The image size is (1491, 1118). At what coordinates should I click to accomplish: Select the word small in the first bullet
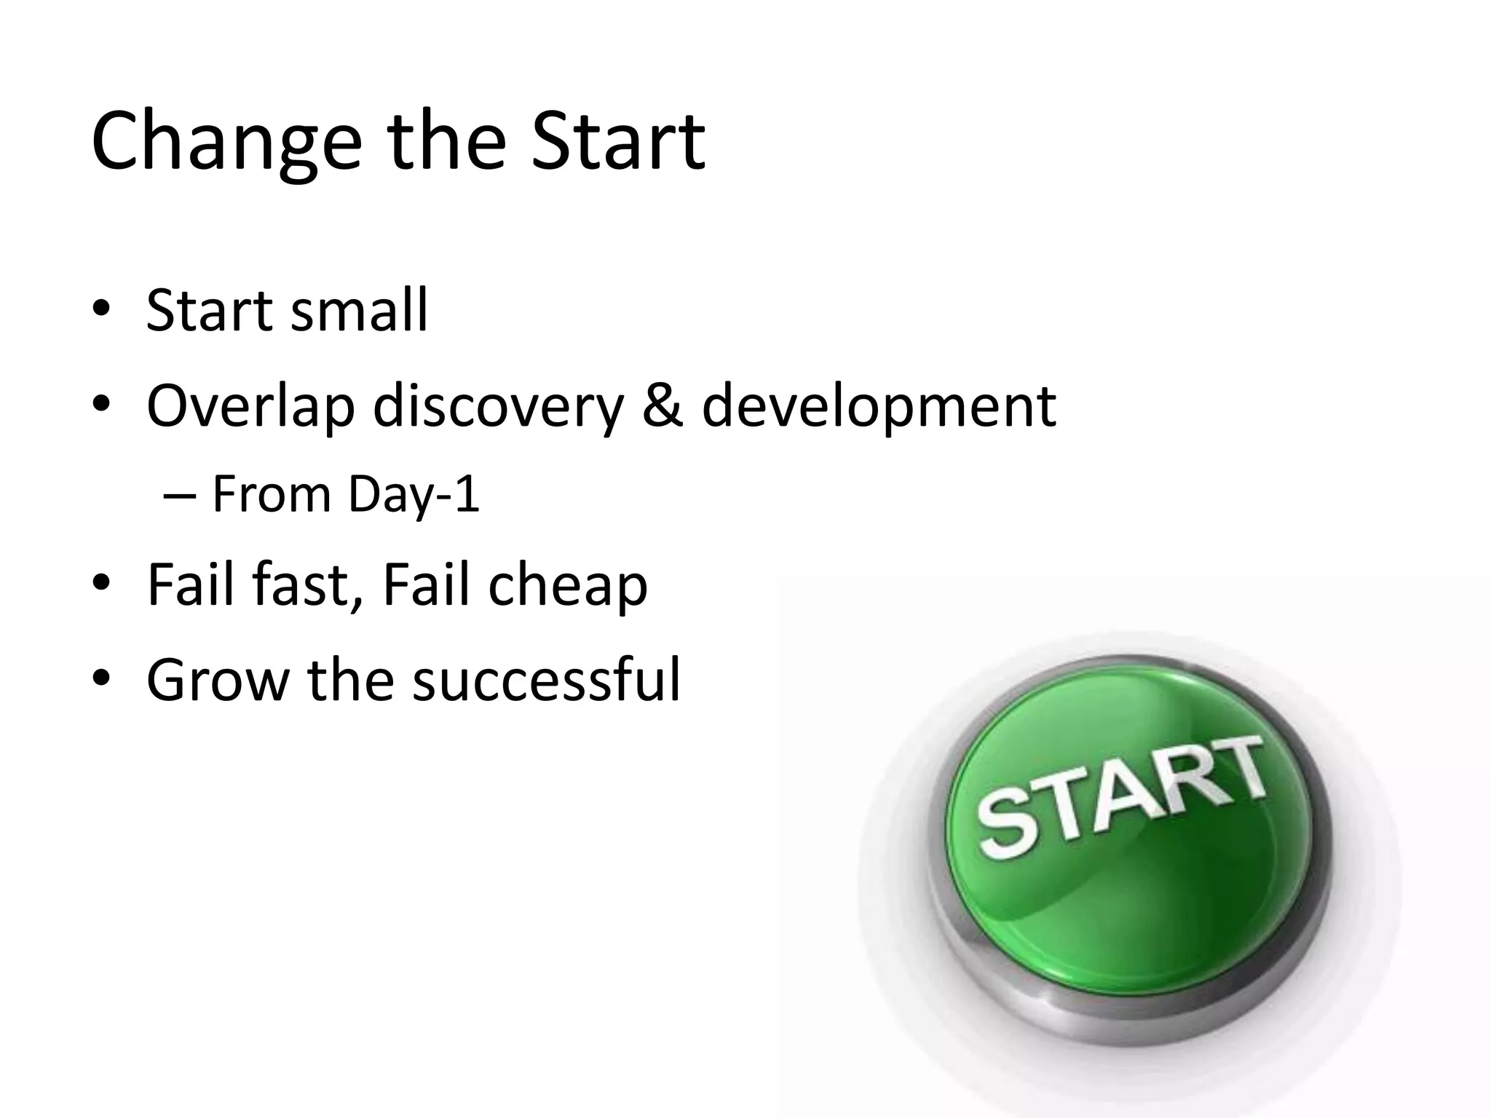pos(359,311)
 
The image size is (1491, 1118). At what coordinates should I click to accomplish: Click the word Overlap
pos(250,406)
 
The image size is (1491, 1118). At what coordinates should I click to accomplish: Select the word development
pos(879,406)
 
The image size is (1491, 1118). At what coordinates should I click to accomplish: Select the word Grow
pos(218,680)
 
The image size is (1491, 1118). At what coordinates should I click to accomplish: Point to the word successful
pos(546,678)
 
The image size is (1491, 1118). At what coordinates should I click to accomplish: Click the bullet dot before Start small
pos(101,311)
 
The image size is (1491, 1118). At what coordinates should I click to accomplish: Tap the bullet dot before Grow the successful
pos(101,679)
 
